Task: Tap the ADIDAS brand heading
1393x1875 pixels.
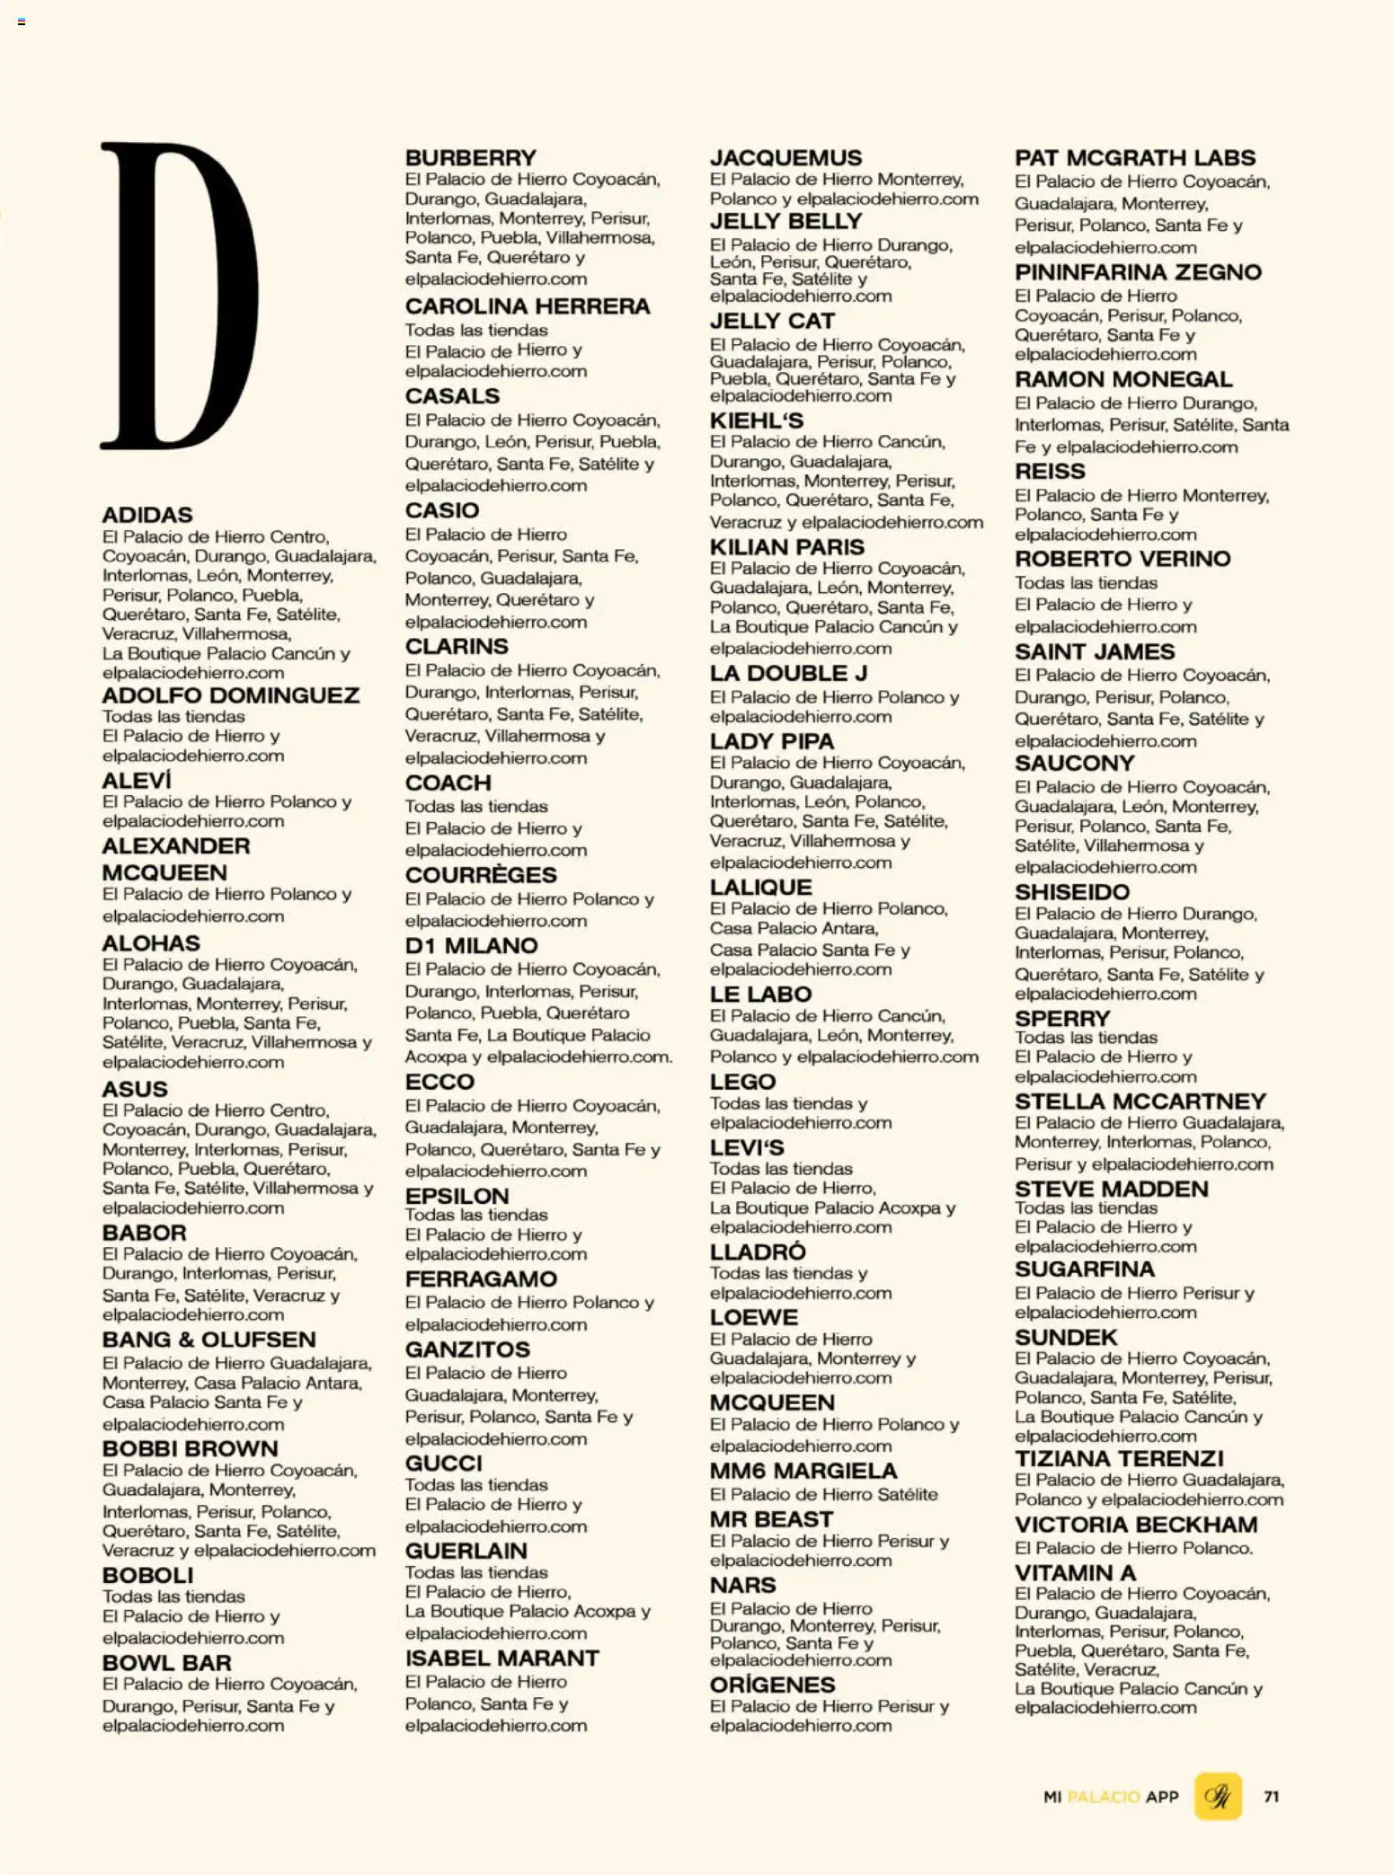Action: (x=147, y=515)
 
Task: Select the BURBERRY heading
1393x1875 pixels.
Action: (x=470, y=157)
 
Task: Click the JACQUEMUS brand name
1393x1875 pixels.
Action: (x=785, y=157)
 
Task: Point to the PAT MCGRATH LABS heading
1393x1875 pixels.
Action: (x=1134, y=157)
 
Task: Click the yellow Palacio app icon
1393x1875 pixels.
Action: (x=1218, y=1796)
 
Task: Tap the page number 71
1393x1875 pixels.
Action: (x=1271, y=1796)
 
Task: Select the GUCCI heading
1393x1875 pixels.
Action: (x=443, y=1463)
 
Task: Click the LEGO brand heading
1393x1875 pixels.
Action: (x=742, y=1082)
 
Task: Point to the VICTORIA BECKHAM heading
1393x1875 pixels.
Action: (x=1136, y=1525)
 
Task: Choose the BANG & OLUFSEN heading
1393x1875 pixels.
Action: (x=209, y=1340)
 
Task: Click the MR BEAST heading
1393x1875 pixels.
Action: (x=771, y=1519)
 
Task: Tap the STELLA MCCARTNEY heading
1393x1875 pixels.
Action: (x=1140, y=1101)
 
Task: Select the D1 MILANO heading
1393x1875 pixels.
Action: (x=471, y=945)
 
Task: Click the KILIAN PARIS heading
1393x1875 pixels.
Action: (x=786, y=547)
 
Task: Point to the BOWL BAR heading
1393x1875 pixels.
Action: (x=166, y=1663)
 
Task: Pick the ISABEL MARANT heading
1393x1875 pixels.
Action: (x=501, y=1658)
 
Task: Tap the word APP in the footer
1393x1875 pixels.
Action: (x=1162, y=1797)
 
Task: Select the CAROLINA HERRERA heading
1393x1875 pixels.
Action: (x=527, y=306)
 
